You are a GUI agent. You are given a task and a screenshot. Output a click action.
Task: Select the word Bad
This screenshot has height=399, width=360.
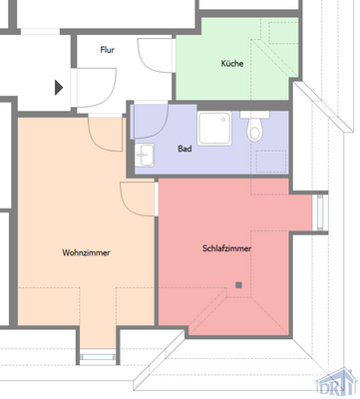(184, 150)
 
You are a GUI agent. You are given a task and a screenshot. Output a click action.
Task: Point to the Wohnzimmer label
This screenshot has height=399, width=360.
(86, 253)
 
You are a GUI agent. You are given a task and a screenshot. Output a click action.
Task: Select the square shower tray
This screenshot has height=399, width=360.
(215, 128)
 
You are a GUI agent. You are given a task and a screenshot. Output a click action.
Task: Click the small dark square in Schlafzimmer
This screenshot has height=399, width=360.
(239, 285)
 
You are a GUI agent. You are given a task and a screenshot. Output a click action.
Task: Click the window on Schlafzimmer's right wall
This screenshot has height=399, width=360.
(319, 211)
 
